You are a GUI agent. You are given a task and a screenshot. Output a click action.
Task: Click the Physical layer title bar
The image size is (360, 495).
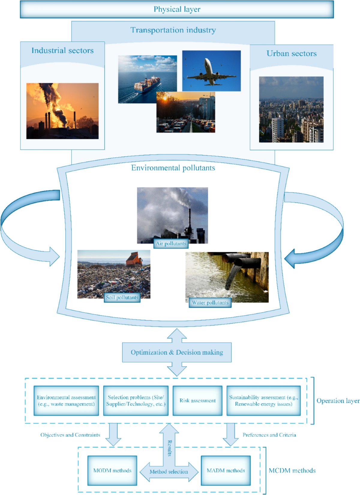pyautogui.click(x=177, y=9)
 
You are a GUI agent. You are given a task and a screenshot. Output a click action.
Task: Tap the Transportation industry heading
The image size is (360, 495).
pyautogui.click(x=173, y=30)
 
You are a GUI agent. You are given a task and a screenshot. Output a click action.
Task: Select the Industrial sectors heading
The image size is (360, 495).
pyautogui.click(x=62, y=50)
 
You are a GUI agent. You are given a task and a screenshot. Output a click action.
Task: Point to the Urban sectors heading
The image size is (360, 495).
pyautogui.click(x=291, y=53)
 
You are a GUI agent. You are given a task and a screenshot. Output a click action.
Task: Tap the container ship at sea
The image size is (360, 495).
pyautogui.click(x=147, y=84)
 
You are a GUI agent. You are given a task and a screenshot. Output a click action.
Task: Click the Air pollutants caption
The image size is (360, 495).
pyautogui.click(x=171, y=244)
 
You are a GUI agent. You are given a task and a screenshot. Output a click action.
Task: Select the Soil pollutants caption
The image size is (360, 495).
pyautogui.click(x=122, y=298)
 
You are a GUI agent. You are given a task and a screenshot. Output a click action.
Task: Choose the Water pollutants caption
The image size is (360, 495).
pyautogui.click(x=210, y=303)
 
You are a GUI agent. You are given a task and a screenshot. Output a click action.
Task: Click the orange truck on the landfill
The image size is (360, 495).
pyautogui.click(x=134, y=259)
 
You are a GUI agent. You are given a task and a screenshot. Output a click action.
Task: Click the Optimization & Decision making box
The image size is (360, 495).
pyautogui.click(x=177, y=352)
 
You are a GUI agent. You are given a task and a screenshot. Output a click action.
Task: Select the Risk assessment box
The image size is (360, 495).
pyautogui.click(x=197, y=400)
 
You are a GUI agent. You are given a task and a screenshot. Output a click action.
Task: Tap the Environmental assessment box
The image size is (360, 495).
pyautogui.click(x=66, y=400)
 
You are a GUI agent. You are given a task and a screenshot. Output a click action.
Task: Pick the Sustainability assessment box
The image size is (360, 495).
pyautogui.click(x=263, y=400)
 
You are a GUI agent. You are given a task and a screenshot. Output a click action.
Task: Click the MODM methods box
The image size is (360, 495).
pyautogui.click(x=112, y=470)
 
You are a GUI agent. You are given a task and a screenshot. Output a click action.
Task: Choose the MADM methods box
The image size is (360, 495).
pyautogui.click(x=226, y=470)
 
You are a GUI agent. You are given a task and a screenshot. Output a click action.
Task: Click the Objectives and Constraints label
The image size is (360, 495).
pyautogui.click(x=70, y=435)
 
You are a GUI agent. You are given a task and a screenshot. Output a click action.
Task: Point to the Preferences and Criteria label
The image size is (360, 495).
pyautogui.click(x=269, y=435)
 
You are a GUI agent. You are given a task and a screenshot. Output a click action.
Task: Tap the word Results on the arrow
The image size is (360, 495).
pyautogui.click(x=169, y=448)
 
